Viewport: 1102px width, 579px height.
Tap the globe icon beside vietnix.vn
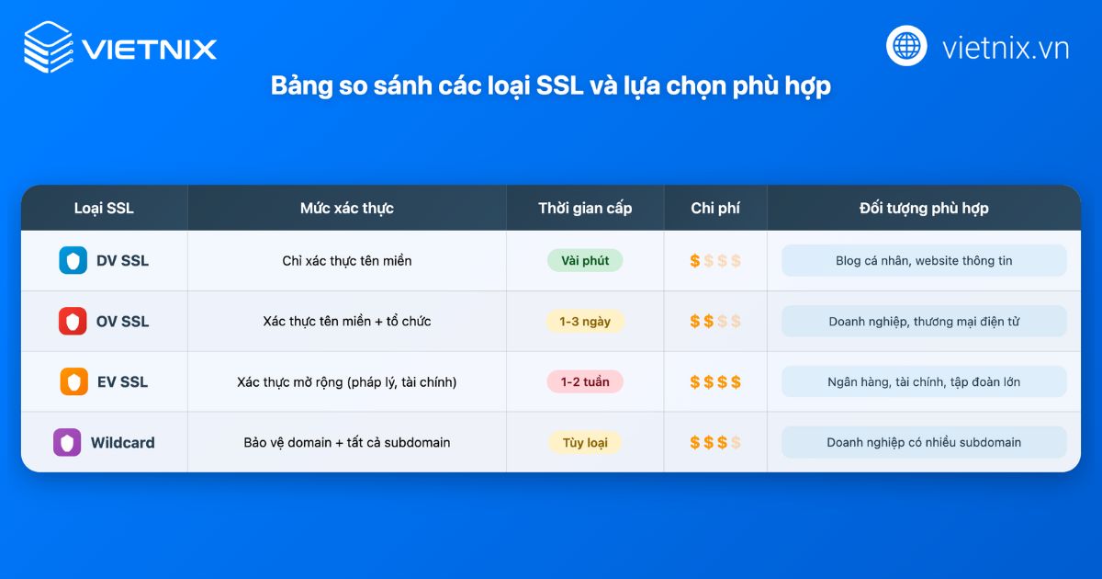[906, 46]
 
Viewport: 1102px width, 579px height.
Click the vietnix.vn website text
[1005, 48]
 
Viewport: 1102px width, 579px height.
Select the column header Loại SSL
[104, 208]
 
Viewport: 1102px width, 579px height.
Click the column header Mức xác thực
[346, 208]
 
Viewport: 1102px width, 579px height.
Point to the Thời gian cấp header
[585, 208]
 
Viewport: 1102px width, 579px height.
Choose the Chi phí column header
[715, 208]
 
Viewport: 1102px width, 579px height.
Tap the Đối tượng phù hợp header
[924, 208]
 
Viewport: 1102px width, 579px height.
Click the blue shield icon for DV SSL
[73, 261]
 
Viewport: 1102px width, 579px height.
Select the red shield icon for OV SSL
[73, 322]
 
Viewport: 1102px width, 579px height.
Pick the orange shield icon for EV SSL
[73, 382]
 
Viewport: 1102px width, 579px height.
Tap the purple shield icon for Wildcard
[67, 443]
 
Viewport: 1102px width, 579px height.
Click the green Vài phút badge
[585, 261]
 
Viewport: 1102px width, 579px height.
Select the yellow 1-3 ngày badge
[585, 322]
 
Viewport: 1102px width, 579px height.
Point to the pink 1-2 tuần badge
[585, 382]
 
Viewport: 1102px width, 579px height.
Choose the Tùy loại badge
[585, 443]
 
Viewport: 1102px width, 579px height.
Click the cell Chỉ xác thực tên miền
[346, 261]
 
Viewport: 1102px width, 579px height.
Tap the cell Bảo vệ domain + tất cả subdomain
[346, 443]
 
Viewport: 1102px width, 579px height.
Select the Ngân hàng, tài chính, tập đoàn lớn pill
[924, 382]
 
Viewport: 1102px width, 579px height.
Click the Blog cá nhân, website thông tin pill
[924, 261]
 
